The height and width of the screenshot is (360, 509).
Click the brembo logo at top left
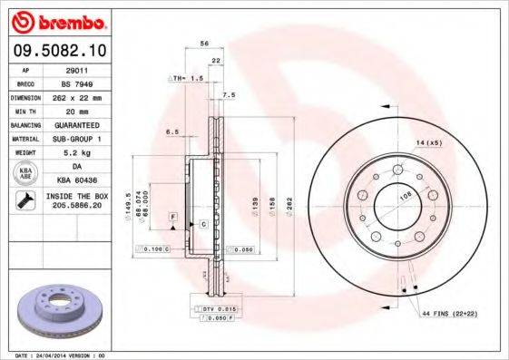(57, 20)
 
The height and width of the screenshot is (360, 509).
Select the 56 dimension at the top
(204, 44)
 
